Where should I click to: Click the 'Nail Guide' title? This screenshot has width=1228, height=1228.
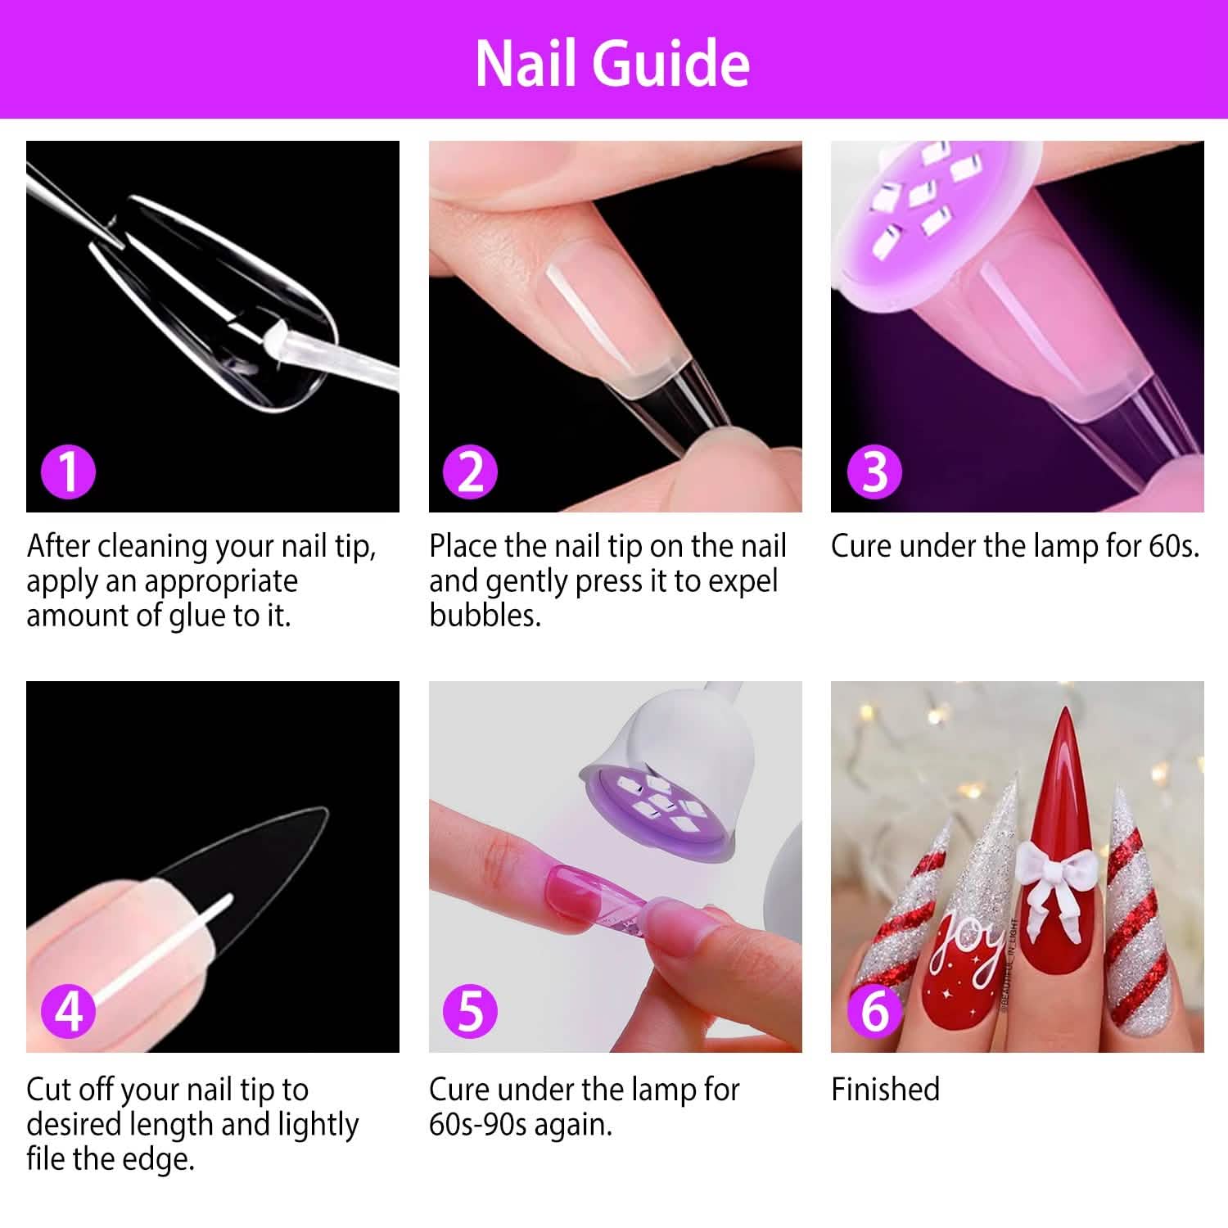[612, 63]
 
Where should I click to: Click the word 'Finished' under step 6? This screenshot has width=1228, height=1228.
[885, 1090]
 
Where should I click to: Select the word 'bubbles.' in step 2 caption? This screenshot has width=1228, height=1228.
[485, 616]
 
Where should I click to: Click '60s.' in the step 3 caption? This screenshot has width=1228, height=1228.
[1173, 546]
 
